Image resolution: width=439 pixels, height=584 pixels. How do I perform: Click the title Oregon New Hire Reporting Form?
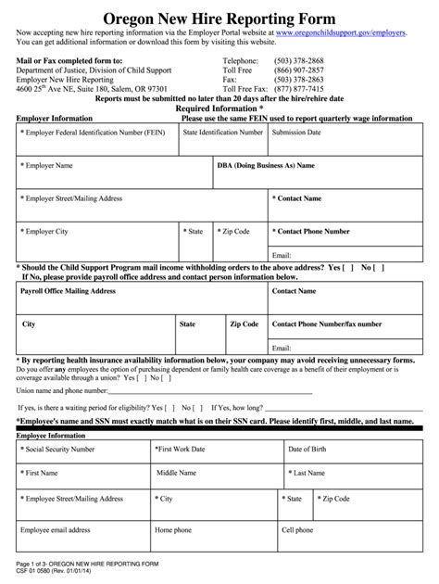[219, 18]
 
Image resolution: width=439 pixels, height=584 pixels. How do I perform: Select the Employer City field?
[94, 237]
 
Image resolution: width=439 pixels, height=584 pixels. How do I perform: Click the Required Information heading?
[219, 108]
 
